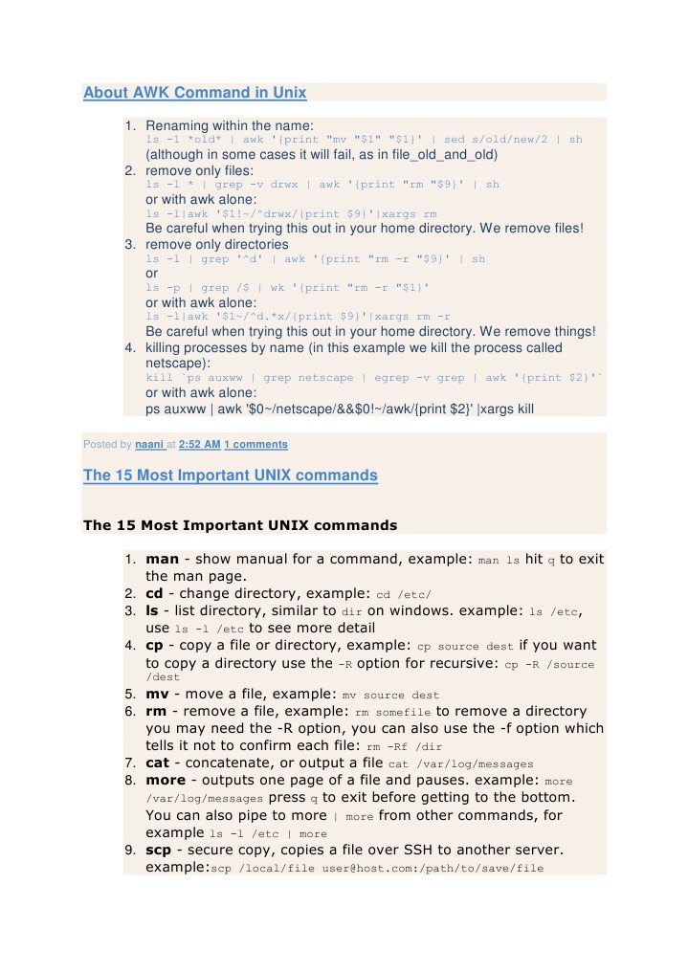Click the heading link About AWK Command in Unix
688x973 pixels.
[194, 93]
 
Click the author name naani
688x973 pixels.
[148, 444]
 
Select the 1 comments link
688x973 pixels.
[255, 444]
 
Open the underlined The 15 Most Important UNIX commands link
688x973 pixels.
[230, 475]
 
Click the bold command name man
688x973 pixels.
[163, 559]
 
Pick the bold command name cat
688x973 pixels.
[158, 763]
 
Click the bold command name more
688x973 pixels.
[166, 781]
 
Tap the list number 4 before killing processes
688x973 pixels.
[130, 348]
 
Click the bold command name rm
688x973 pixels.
[156, 711]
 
